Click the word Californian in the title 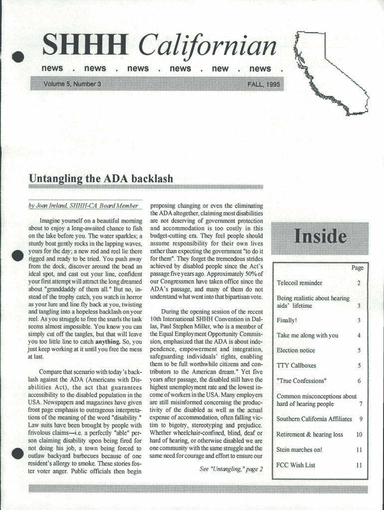point(207,47)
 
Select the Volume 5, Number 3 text point(72,84)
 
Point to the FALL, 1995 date point(263,84)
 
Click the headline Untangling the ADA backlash point(101,178)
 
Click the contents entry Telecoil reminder point(299,283)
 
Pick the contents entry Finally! point(287,320)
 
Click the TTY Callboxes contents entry point(296,365)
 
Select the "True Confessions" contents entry point(302,381)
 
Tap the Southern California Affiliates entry point(314,419)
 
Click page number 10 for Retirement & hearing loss point(359,434)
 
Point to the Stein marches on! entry point(299,450)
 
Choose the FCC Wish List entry point(296,465)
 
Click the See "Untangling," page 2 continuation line point(230,469)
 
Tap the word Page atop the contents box point(357,268)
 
